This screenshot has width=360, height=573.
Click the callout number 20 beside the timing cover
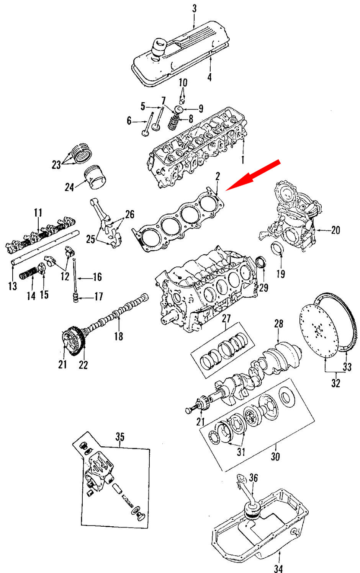pyautogui.click(x=335, y=230)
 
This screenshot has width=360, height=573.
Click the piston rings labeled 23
pyautogui.click(x=82, y=153)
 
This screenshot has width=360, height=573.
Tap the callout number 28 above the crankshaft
pyautogui.click(x=278, y=324)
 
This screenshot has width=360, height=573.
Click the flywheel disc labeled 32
pyautogui.click(x=318, y=329)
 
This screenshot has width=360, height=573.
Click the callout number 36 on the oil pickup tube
pyautogui.click(x=254, y=478)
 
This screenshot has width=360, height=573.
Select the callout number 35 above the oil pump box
pyautogui.click(x=120, y=437)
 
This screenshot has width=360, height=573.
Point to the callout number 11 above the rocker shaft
pyautogui.click(x=38, y=213)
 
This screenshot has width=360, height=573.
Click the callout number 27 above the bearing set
pyautogui.click(x=226, y=318)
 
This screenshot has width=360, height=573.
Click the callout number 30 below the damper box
pyautogui.click(x=275, y=457)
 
